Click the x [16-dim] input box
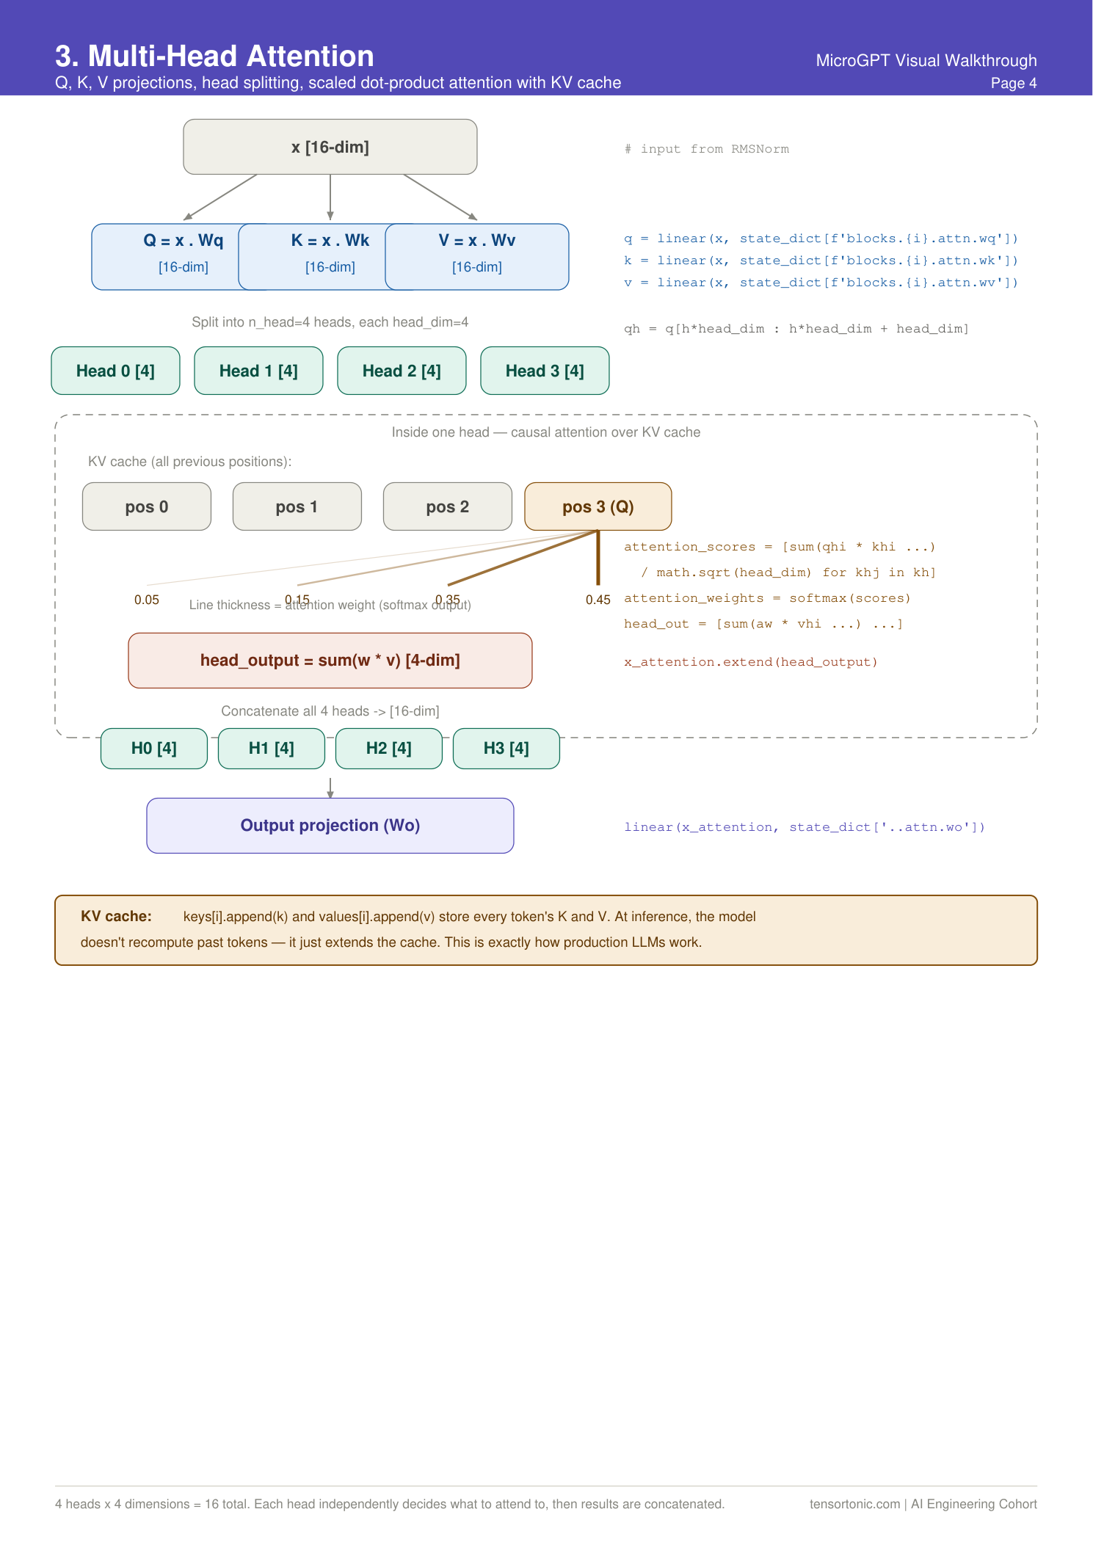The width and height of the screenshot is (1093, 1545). [330, 147]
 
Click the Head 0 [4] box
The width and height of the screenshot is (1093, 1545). [115, 371]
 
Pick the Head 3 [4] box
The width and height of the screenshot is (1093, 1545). [545, 371]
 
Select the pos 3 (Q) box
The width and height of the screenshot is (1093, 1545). [598, 506]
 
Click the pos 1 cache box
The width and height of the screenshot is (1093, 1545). [297, 506]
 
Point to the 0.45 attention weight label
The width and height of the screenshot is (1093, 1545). [598, 600]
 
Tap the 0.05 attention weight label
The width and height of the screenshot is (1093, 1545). [147, 600]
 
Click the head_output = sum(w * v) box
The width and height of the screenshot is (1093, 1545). [330, 660]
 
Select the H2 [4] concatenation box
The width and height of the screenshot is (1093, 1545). [388, 748]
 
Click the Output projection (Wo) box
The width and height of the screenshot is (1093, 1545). [330, 825]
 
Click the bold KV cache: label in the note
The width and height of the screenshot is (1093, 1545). [116, 916]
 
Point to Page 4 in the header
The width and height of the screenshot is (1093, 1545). [1013, 83]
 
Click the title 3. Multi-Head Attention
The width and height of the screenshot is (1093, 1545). [214, 57]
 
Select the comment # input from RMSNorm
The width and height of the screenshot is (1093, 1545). [706, 149]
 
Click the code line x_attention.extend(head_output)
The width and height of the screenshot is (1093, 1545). [750, 662]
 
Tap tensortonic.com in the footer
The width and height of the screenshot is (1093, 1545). [854, 1504]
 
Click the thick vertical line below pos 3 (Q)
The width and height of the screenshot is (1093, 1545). [598, 558]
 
